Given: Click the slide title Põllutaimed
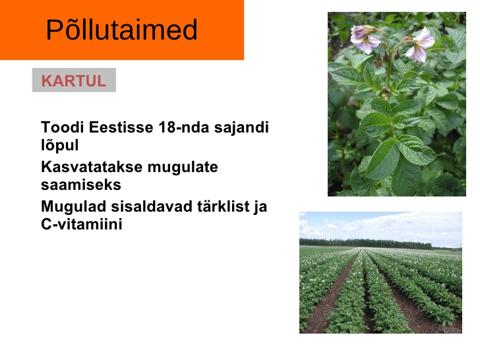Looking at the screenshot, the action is pyautogui.click(x=121, y=30).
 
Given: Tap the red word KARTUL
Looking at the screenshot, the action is pyautogui.click(x=74, y=81).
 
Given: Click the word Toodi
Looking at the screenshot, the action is pyautogui.click(x=63, y=127).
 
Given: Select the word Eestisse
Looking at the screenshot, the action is pyautogui.click(x=121, y=127).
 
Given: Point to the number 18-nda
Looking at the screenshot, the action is pyautogui.click(x=184, y=127).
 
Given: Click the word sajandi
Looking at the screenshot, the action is pyautogui.click(x=241, y=127).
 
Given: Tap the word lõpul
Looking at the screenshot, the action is pyautogui.click(x=60, y=145).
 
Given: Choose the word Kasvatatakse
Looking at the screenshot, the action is pyautogui.click(x=92, y=167).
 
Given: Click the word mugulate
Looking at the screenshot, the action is pyautogui.click(x=183, y=167).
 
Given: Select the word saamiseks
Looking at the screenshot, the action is pyautogui.click(x=81, y=185).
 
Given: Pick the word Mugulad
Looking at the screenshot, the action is pyautogui.click(x=73, y=206).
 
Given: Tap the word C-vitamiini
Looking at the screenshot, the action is pyautogui.click(x=82, y=224).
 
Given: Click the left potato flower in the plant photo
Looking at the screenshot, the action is pyautogui.click(x=364, y=39).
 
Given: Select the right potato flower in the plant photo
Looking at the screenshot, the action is pyautogui.click(x=420, y=45).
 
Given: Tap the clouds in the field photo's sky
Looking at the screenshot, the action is pyautogui.click(x=380, y=225).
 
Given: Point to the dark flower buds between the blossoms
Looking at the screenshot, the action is pyautogui.click(x=386, y=58).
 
